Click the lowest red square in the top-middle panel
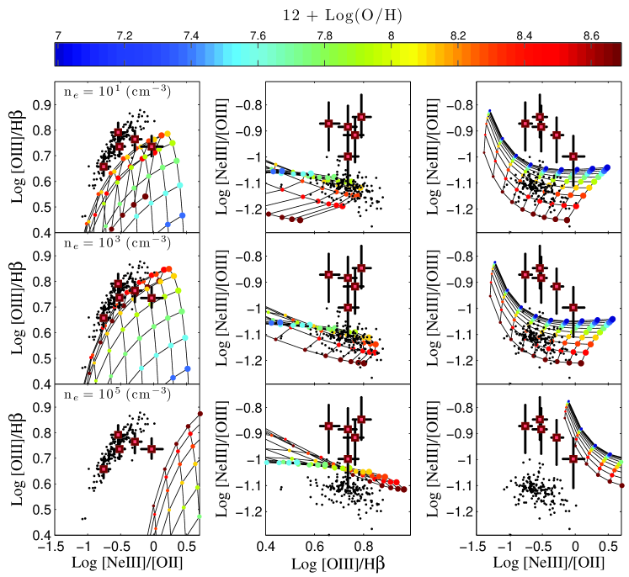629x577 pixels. pyautogui.click(x=349, y=156)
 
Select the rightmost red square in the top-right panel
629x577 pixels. pyautogui.click(x=574, y=156)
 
